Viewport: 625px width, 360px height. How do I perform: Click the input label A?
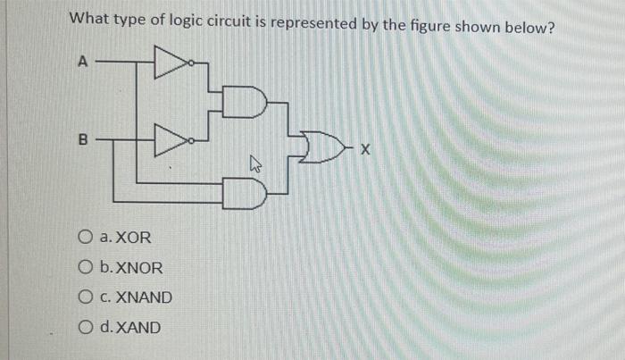(x=83, y=62)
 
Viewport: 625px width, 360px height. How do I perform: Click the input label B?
(x=84, y=139)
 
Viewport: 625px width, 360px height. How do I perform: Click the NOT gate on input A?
(x=170, y=63)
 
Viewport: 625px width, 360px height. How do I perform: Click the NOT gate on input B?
(x=170, y=139)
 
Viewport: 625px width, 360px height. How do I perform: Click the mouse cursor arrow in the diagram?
(x=255, y=164)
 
